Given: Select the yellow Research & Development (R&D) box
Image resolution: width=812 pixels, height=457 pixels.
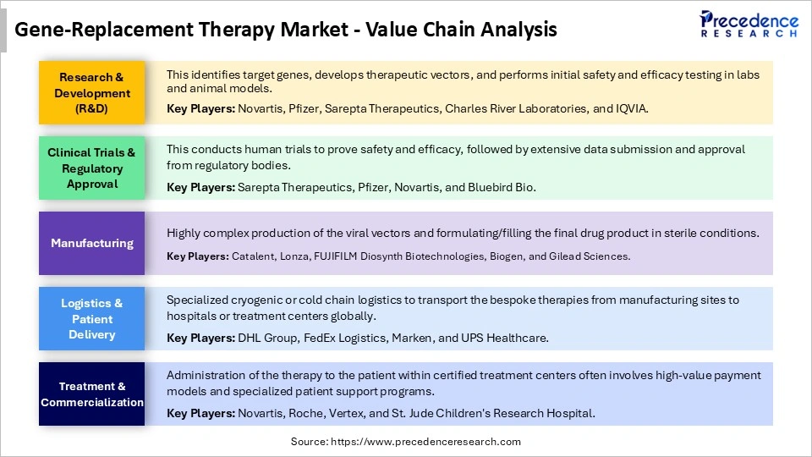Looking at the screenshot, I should click(x=92, y=93).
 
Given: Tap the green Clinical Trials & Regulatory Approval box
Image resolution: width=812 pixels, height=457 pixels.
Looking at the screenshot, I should click(x=92, y=168).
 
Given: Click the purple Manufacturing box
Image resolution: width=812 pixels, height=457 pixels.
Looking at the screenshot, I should click(x=92, y=243).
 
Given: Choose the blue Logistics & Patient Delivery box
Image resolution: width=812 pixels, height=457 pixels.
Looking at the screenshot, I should click(x=92, y=318).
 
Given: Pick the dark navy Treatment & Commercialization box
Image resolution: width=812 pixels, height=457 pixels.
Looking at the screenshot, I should click(x=92, y=394).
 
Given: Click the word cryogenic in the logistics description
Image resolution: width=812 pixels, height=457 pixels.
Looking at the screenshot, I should click(x=258, y=300).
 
